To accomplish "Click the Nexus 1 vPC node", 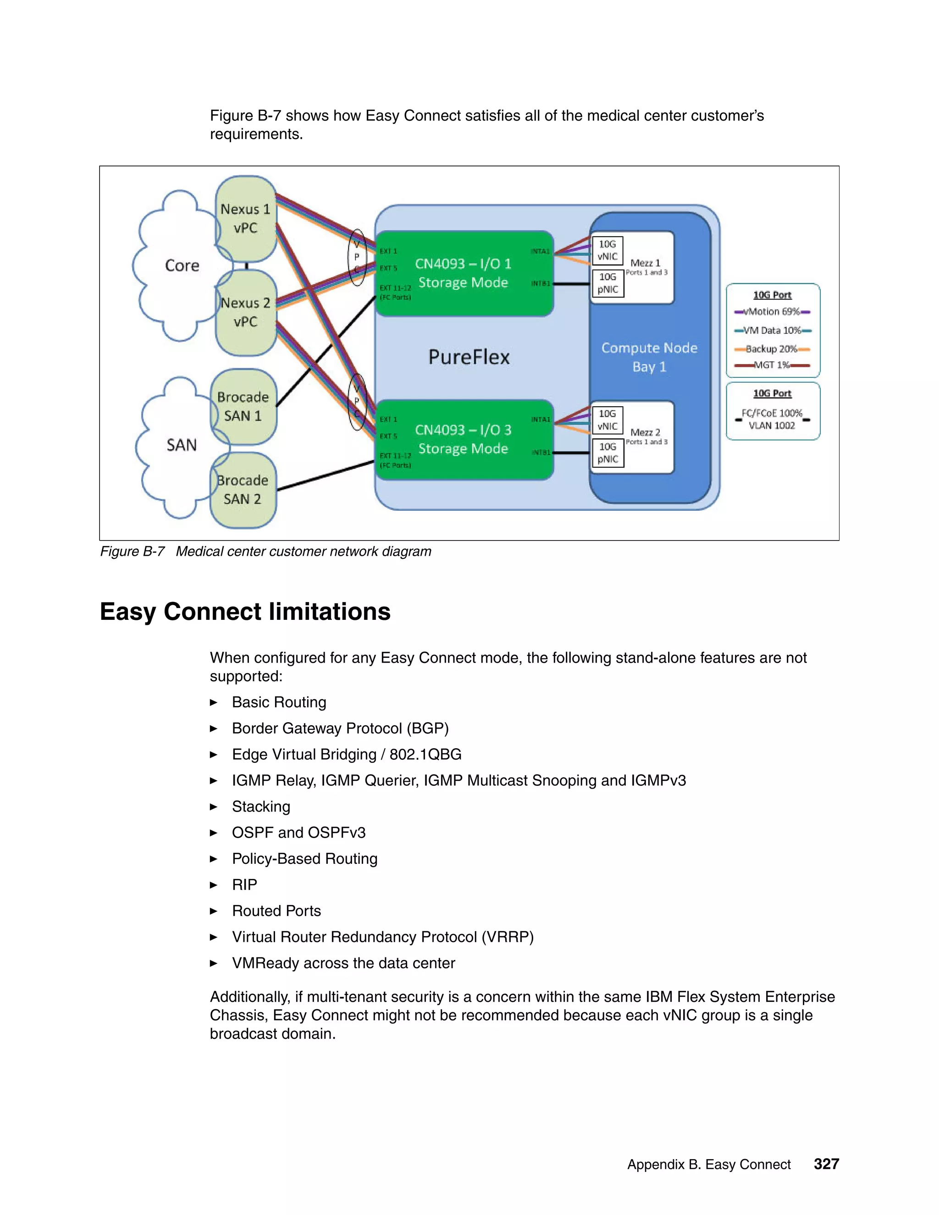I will pyautogui.click(x=245, y=219).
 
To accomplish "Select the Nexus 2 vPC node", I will pyautogui.click(x=245, y=312).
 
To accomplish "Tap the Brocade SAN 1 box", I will pyautogui.click(x=243, y=406).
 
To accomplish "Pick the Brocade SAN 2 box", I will pyautogui.click(x=243, y=490).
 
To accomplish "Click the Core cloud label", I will pyautogui.click(x=182, y=265).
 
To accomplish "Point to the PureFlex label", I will pyautogui.click(x=469, y=357).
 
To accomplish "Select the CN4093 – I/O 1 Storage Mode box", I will pyautogui.click(x=464, y=273).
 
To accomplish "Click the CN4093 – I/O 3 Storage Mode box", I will pyautogui.click(x=464, y=440).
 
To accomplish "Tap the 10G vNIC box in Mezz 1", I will pyautogui.click(x=608, y=250).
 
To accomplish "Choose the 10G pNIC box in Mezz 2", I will pyautogui.click(x=608, y=453).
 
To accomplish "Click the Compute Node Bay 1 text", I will pyautogui.click(x=649, y=357).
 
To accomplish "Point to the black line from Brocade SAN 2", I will pyautogui.click(x=326, y=475).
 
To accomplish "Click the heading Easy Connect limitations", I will pyautogui.click(x=245, y=611).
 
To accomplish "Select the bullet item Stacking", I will pyautogui.click(x=261, y=806).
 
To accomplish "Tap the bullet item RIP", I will pyautogui.click(x=244, y=884).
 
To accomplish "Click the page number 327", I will pyautogui.click(x=826, y=1164).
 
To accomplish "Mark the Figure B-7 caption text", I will pyautogui.click(x=265, y=551).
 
